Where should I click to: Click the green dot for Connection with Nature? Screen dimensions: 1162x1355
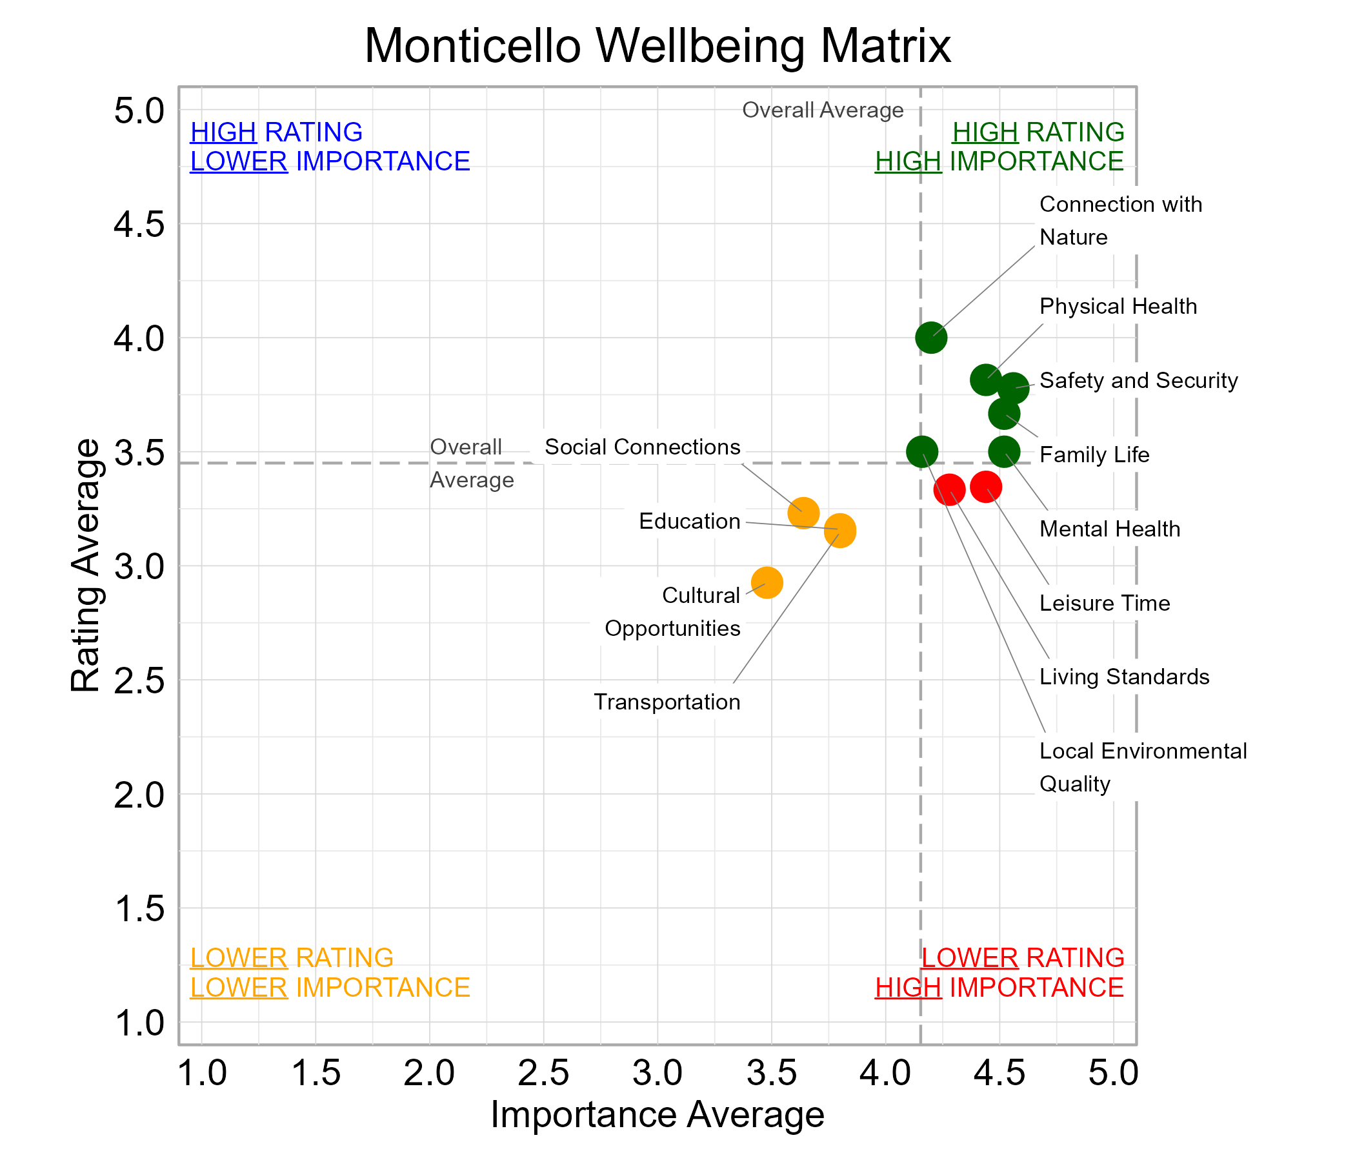(x=930, y=338)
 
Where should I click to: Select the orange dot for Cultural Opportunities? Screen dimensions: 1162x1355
(x=767, y=582)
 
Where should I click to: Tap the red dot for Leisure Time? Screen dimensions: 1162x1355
(x=985, y=487)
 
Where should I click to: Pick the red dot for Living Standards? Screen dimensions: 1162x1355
(x=949, y=489)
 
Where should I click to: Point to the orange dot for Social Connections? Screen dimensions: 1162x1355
(x=803, y=513)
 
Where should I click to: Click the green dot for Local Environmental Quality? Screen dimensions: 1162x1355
(x=921, y=451)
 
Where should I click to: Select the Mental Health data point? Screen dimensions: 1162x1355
(x=1004, y=451)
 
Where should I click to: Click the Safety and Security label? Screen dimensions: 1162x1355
(x=1138, y=381)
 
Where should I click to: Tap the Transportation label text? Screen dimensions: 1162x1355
(x=667, y=702)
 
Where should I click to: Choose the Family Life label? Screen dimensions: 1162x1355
(x=1094, y=454)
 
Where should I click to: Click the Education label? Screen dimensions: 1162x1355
(x=689, y=522)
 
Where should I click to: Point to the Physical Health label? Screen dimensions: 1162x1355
(x=1118, y=306)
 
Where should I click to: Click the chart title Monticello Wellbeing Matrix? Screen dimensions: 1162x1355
(x=657, y=46)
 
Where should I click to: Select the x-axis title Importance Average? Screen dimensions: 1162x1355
(x=657, y=1114)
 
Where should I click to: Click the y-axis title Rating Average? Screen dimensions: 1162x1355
(x=86, y=566)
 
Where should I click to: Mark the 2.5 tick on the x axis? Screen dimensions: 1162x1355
(x=543, y=1074)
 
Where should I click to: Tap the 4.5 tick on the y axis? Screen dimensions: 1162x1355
(x=139, y=225)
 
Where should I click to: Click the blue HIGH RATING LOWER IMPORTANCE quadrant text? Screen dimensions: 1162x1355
(x=330, y=147)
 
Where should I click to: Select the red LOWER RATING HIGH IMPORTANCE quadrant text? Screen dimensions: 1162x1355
(x=999, y=972)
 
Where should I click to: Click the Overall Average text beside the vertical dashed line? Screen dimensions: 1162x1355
(x=822, y=110)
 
